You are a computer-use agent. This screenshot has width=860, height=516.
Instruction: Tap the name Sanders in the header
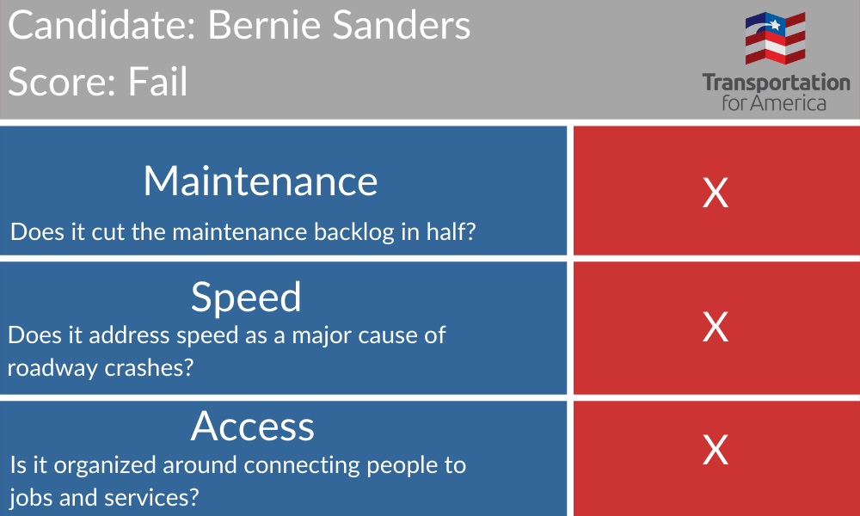(402, 25)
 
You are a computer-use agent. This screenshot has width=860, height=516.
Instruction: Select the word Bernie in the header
(264, 25)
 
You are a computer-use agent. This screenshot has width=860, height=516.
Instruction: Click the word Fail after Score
(158, 81)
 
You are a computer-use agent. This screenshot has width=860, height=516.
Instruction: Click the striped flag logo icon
(776, 39)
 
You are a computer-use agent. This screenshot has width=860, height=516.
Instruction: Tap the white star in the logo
(775, 24)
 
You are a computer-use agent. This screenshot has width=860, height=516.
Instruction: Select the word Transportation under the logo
(776, 83)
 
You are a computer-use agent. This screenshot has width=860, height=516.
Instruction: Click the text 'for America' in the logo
(774, 103)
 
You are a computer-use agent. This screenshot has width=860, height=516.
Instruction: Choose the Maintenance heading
(261, 181)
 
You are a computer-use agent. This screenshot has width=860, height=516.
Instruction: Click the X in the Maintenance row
(716, 193)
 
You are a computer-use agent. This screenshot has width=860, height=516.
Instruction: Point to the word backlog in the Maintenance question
(354, 231)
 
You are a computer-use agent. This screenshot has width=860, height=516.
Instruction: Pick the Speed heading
(246, 298)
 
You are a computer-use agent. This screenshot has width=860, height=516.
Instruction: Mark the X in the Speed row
(716, 328)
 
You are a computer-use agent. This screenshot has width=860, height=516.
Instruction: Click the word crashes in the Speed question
(149, 368)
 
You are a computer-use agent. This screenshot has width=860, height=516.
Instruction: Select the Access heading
(252, 426)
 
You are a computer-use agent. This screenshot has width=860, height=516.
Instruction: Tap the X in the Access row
(716, 450)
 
